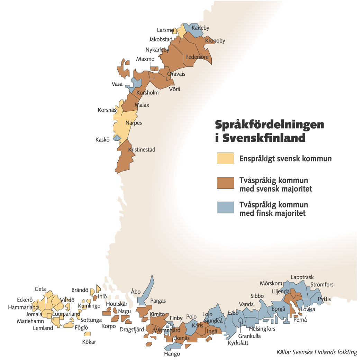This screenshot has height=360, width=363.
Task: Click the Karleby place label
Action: tap(200, 28)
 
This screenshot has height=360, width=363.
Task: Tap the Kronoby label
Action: tap(215, 41)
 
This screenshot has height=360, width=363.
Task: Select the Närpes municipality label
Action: tap(134, 123)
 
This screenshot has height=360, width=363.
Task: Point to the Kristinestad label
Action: tap(142, 150)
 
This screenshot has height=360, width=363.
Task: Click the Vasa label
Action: tap(117, 84)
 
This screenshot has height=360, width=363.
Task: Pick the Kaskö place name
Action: tap(102, 140)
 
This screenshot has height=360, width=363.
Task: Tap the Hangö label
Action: tap(172, 354)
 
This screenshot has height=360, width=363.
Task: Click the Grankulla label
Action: tap(249, 336)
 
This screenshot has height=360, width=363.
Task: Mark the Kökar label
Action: tap(89, 342)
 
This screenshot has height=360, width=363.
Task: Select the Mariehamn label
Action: tap(30, 321)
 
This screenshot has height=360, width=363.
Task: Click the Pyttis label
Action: tap(324, 299)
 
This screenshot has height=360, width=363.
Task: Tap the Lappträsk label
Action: tap(302, 277)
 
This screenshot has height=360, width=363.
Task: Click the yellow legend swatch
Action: tap(225, 158)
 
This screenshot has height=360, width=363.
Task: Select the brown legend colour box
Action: tap(225, 183)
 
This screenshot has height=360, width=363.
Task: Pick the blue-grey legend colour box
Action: tap(225, 207)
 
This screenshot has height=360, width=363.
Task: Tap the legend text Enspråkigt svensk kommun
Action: tap(285, 159)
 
